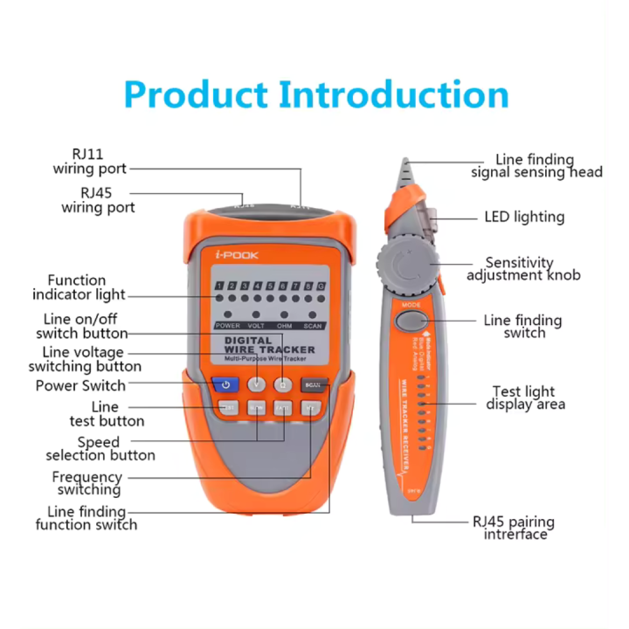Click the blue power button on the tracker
[x=225, y=384]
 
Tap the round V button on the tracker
[x=256, y=384]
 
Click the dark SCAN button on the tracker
[x=313, y=384]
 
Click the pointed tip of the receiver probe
[x=403, y=163]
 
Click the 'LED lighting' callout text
[x=524, y=217]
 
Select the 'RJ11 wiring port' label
[x=90, y=162]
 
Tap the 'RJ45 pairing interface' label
[x=514, y=529]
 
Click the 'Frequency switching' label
[x=86, y=484]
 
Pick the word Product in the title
[x=198, y=94]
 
